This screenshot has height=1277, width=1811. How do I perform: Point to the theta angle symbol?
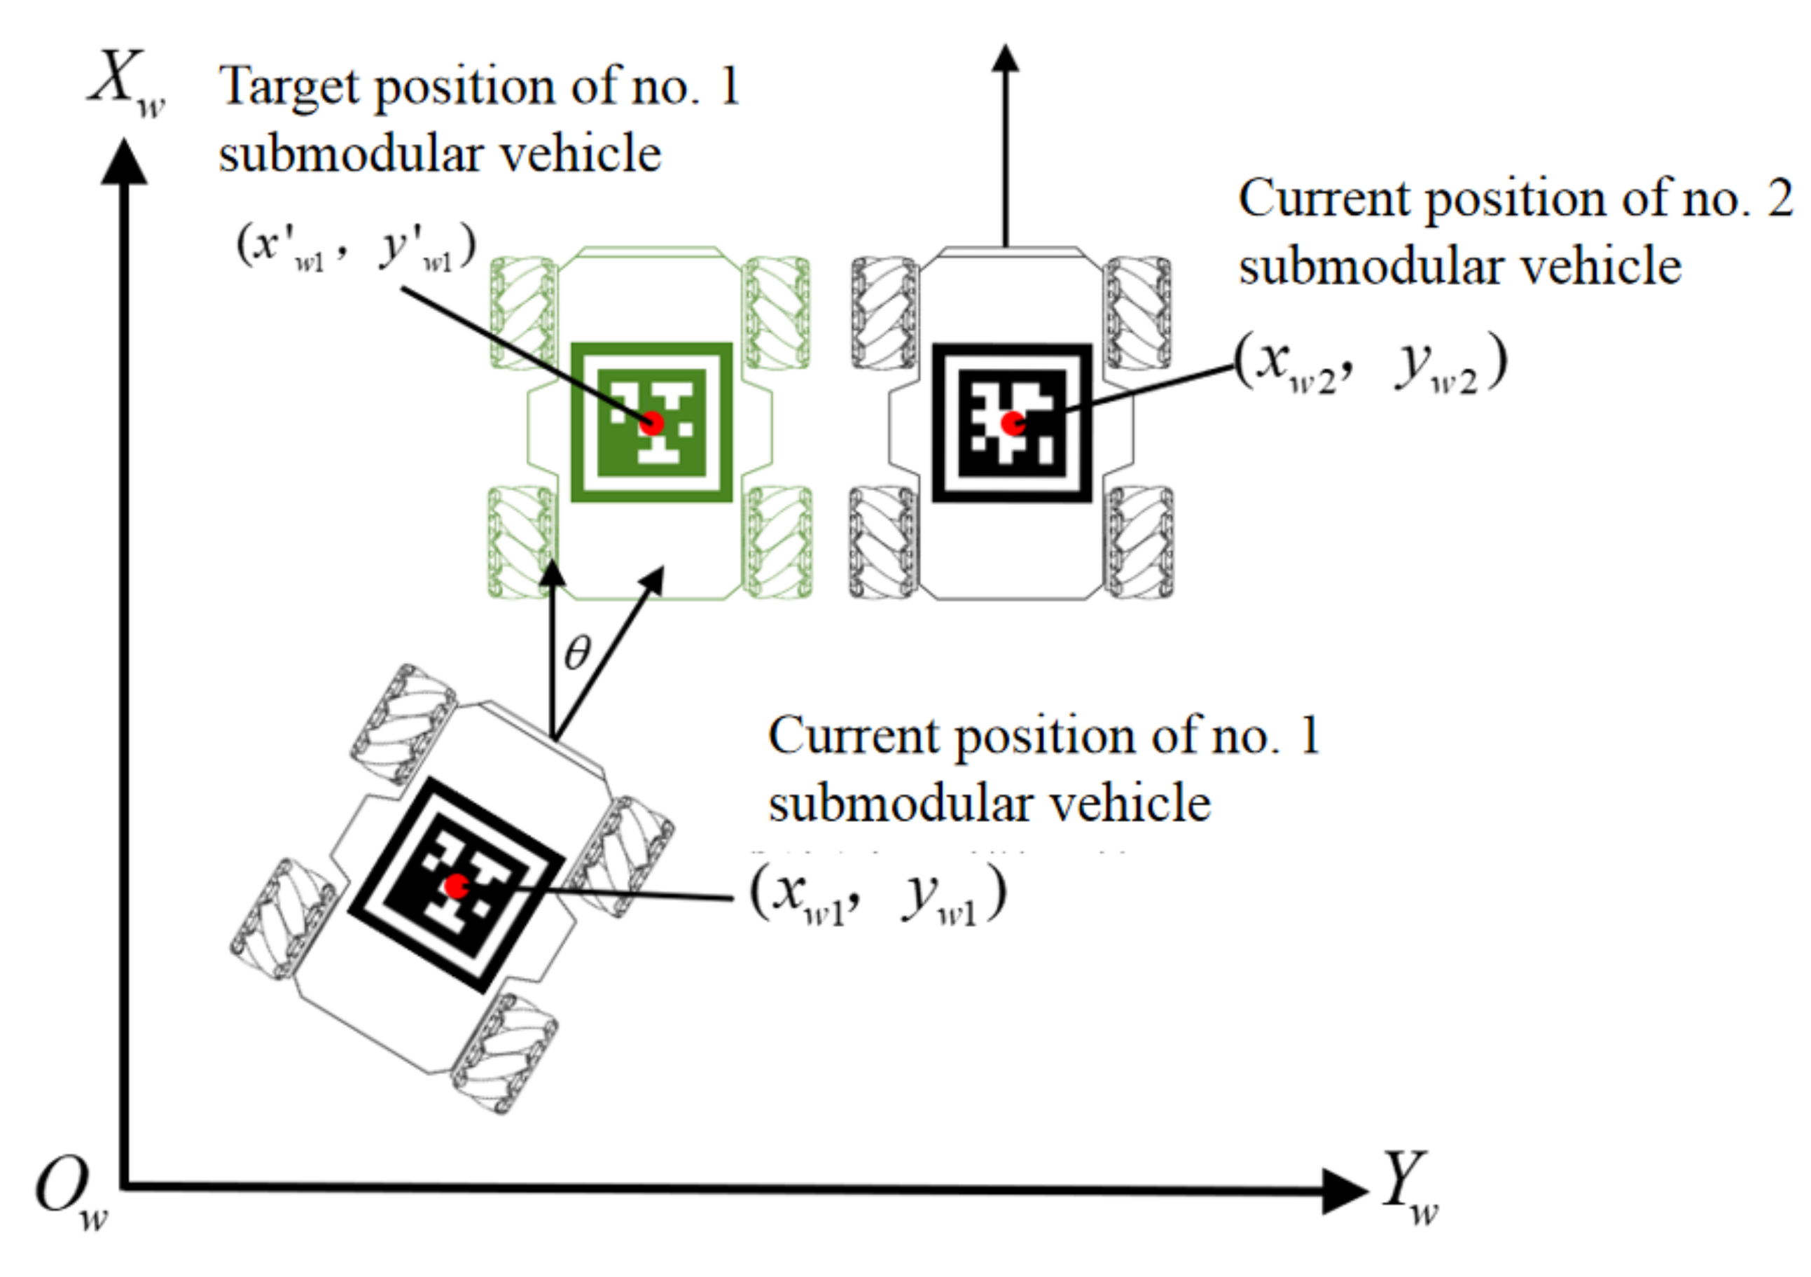pos(577,653)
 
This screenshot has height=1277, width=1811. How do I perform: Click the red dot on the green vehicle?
pos(651,424)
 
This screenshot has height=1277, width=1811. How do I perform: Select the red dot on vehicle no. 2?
pos(1013,424)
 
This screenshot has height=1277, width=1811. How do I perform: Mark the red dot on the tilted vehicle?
pos(456,886)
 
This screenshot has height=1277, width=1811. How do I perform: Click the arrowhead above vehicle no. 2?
pos(1005,59)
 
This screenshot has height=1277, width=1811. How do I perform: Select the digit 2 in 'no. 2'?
pos(1779,199)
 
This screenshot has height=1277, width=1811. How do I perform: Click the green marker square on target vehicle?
pos(651,422)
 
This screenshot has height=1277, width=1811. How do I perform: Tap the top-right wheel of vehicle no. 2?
pos(1137,312)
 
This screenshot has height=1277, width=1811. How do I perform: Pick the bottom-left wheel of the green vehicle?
pos(520,543)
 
